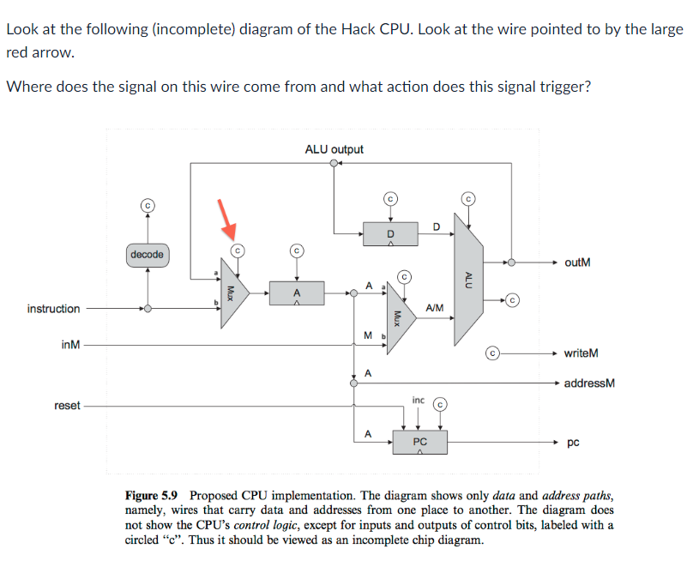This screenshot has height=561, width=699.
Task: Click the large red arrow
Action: (x=226, y=218)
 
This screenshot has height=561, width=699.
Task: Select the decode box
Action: (x=148, y=255)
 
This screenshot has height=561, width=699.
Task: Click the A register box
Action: (x=297, y=293)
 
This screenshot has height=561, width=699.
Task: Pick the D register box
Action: (x=390, y=232)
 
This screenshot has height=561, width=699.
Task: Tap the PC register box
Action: (x=419, y=443)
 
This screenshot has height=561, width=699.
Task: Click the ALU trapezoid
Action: (x=467, y=278)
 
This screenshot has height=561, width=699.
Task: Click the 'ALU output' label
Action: (x=334, y=149)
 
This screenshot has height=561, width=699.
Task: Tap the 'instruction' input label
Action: (x=53, y=309)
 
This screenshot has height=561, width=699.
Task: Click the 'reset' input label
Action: (x=67, y=406)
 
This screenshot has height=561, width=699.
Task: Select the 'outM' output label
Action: (x=577, y=262)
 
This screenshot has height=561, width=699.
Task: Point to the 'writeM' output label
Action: (x=581, y=353)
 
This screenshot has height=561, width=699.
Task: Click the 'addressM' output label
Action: (x=589, y=383)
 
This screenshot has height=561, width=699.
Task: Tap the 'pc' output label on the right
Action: (x=573, y=443)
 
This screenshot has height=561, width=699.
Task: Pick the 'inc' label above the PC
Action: (x=418, y=400)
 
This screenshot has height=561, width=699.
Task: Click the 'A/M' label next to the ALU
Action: (x=434, y=307)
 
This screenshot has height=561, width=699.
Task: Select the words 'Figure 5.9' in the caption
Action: (x=154, y=496)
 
